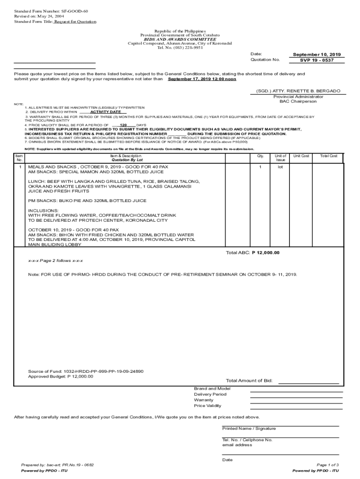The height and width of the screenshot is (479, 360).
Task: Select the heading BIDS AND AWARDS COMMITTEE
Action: tap(180, 39)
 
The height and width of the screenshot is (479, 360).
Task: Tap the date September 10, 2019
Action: tap(317, 54)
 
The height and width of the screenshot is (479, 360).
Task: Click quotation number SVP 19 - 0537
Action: tap(317, 60)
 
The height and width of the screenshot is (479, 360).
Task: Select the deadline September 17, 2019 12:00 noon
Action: tap(202, 79)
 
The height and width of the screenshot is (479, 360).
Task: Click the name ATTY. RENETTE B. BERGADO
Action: tap(298, 91)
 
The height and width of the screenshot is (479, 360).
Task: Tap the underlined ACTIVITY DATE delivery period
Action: tap(102, 112)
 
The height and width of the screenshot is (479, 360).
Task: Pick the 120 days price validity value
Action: tap(123, 125)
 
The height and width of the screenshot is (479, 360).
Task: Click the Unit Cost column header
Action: tap(301, 156)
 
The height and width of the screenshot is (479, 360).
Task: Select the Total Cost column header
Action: tap(329, 156)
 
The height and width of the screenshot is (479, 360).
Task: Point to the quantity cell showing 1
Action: tap(260, 167)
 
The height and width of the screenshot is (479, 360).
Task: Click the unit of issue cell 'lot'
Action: tap(280, 167)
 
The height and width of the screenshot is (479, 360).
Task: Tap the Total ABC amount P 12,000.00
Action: tap(266, 253)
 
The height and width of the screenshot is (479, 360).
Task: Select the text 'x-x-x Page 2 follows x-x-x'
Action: tap(58, 260)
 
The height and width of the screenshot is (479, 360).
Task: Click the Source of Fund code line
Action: tap(86, 371)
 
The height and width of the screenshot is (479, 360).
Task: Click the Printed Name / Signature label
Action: tap(249, 428)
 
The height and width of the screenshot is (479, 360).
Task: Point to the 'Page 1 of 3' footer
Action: tap(327, 464)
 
